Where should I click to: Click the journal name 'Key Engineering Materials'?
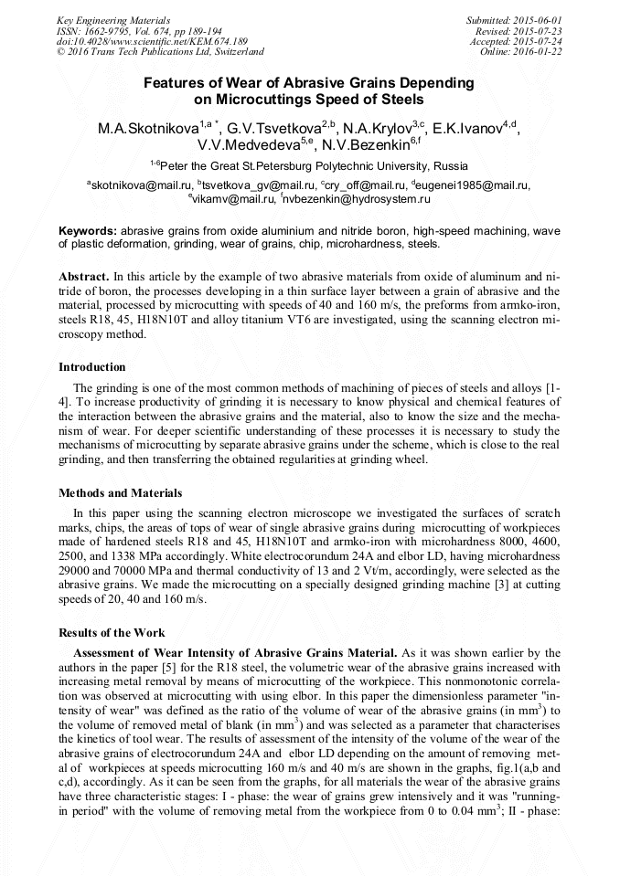(x=112, y=19)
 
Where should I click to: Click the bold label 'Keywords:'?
(x=88, y=232)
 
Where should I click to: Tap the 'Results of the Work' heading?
(x=112, y=633)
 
